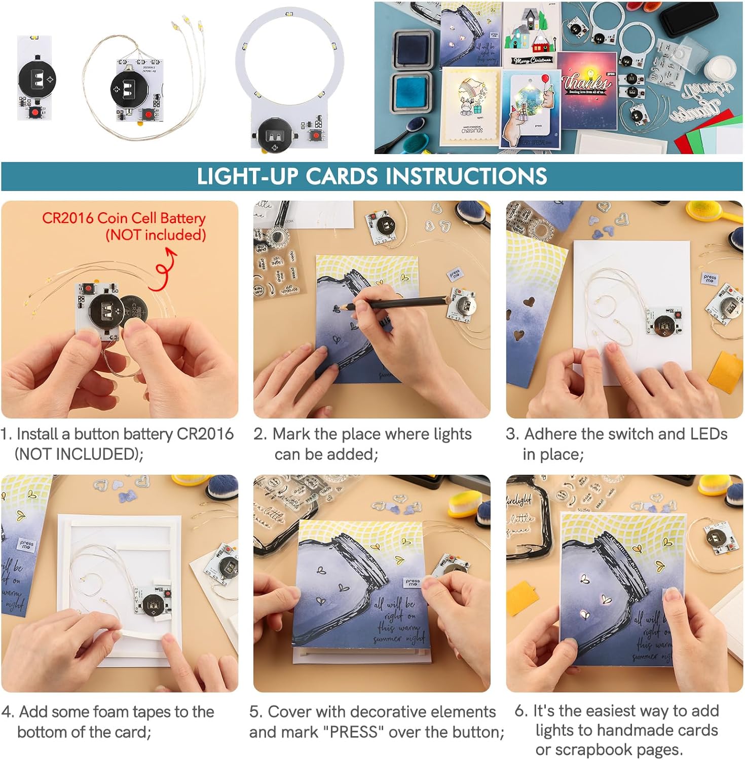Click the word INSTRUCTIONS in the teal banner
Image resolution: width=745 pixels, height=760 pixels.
pos(466,176)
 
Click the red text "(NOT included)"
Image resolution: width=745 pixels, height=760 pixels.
pos(156,235)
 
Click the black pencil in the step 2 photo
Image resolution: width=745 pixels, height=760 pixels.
pos(395,302)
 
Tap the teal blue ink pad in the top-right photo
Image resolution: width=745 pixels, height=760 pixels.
pos(412,91)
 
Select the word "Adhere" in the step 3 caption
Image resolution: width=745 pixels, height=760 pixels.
pos(550,434)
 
